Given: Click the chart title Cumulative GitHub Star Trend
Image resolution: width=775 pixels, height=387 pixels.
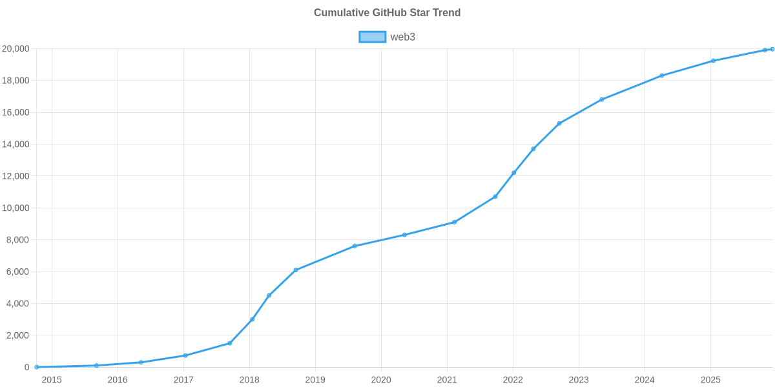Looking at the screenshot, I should (x=387, y=13).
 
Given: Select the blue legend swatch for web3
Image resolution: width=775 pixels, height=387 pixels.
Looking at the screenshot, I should (x=372, y=37).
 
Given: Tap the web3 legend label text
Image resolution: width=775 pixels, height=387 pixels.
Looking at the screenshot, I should (x=402, y=37).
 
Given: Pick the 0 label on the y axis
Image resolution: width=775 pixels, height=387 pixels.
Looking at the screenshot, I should (x=27, y=368).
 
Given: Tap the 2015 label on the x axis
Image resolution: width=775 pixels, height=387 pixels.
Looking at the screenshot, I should (x=52, y=379).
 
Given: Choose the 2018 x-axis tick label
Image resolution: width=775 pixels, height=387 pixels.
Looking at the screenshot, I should (x=249, y=379).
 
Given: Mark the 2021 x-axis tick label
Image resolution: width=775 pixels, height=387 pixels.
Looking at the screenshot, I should (x=447, y=379).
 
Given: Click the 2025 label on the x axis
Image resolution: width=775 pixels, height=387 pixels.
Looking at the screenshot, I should (x=710, y=379).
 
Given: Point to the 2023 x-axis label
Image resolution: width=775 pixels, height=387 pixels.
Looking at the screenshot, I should (x=579, y=379).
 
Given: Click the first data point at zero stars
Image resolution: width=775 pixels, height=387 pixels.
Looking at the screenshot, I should (x=37, y=367).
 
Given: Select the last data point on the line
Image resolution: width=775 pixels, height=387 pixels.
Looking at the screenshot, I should (x=772, y=49).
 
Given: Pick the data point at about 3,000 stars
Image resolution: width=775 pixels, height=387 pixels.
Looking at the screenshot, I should (x=253, y=319).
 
